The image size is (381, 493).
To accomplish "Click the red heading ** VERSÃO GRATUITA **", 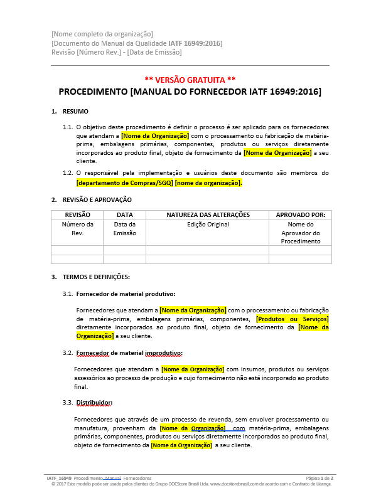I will pyautogui.click(x=190, y=80).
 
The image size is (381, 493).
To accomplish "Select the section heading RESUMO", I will pyautogui.click(x=75, y=111).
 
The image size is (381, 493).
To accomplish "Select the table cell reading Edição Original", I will pyautogui.click(x=208, y=225).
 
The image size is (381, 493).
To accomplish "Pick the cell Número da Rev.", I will pyautogui.click(x=77, y=229).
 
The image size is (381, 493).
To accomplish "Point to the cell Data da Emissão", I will pyautogui.click(x=124, y=229).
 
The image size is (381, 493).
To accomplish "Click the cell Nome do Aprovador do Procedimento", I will pyautogui.click(x=300, y=233).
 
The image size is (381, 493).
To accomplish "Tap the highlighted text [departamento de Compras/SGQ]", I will pyautogui.click(x=124, y=183).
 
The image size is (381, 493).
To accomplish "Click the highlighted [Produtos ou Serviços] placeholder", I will pyautogui.click(x=292, y=319).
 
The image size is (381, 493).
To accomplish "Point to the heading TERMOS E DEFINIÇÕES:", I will pyautogui.click(x=96, y=277).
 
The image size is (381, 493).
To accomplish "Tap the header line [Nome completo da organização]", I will pyautogui.click(x=102, y=33).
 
